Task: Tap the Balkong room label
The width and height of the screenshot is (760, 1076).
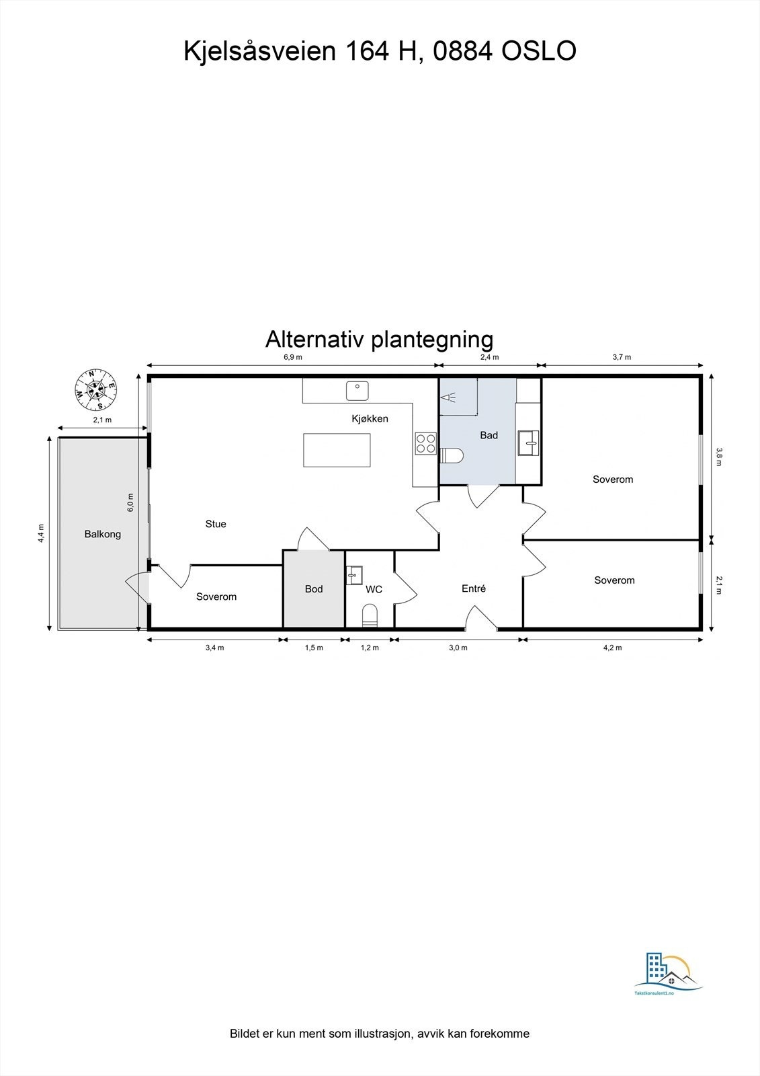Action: pos(103,535)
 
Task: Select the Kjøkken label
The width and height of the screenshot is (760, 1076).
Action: pos(370,418)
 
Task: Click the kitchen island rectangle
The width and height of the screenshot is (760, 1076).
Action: pos(337,450)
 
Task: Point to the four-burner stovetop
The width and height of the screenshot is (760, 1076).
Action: pos(426,443)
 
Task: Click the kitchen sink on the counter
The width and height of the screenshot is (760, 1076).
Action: pos(357,391)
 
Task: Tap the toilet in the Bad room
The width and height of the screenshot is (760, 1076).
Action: pos(452,456)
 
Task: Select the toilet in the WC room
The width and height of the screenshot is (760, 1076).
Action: pos(370,615)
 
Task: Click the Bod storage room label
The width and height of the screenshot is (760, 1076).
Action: pos(314,589)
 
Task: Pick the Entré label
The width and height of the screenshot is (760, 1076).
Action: pos(474,588)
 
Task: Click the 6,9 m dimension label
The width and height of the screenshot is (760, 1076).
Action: pos(293,357)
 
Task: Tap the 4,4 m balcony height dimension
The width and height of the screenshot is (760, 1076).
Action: pos(42,533)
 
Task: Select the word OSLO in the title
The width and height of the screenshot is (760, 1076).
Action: pos(539,51)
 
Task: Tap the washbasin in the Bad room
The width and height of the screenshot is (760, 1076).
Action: pos(528,443)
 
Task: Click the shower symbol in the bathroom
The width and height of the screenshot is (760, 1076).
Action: pos(448,397)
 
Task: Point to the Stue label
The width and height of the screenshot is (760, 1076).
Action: pos(216,524)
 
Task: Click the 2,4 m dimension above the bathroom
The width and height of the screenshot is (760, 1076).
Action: pos(489,357)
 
